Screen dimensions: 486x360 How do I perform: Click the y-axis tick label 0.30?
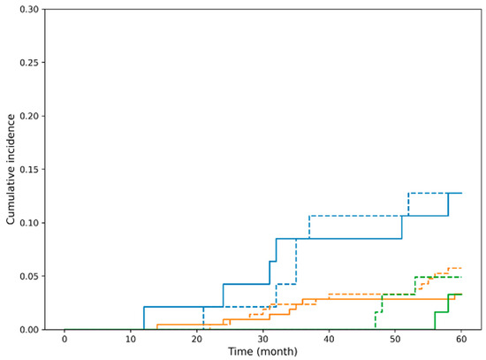[x=29, y=10]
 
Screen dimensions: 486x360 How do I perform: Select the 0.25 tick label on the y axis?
[x=29, y=63]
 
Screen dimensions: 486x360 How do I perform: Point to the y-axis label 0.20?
[x=29, y=116]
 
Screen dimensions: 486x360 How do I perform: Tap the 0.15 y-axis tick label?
[x=29, y=170]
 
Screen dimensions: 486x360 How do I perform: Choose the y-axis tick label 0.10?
[x=29, y=223]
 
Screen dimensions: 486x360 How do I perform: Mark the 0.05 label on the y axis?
[x=29, y=276]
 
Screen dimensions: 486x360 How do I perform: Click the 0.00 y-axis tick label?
[x=29, y=330]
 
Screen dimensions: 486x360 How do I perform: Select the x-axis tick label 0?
[x=65, y=339]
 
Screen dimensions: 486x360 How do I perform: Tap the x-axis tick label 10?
[x=131, y=339]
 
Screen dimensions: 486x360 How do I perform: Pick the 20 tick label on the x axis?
[x=197, y=339]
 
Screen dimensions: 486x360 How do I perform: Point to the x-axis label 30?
[x=262, y=339]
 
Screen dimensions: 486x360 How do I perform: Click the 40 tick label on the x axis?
[x=330, y=339]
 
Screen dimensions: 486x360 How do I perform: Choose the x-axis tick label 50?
[x=395, y=339]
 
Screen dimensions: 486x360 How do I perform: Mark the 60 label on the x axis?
[x=461, y=339]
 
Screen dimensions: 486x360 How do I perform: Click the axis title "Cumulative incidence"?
[x=11, y=170]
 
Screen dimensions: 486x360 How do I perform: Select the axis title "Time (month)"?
[x=262, y=352]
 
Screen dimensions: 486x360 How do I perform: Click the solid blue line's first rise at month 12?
[x=144, y=318]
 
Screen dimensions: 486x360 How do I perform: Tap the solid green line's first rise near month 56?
[x=435, y=321]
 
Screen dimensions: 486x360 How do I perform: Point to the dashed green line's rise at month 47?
[x=376, y=321]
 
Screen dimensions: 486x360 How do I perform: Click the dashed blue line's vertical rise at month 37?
[x=309, y=227]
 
